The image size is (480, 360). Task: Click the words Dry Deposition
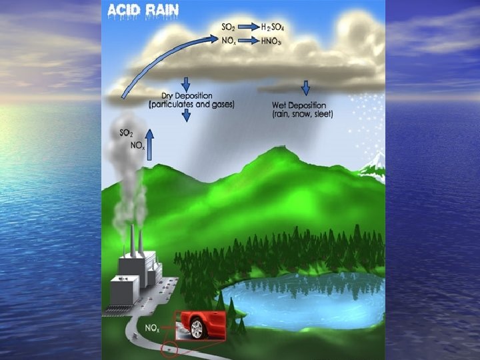(x=187, y=97)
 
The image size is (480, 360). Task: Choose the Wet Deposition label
(x=299, y=106)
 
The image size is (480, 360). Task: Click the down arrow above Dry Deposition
(x=186, y=83)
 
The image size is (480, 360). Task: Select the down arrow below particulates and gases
(x=186, y=115)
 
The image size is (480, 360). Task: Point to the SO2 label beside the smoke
(x=125, y=133)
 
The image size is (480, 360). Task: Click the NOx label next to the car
(x=153, y=328)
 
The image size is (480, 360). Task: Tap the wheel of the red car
(x=197, y=329)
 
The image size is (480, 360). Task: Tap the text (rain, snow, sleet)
(x=303, y=115)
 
